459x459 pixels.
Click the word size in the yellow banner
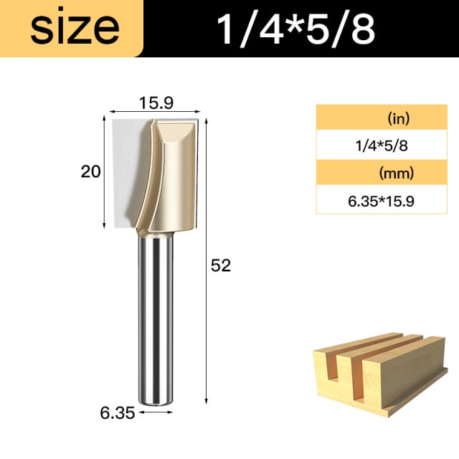pos(75,29)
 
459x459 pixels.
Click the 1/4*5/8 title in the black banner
pos(295,29)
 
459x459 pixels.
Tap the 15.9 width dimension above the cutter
pos(156,103)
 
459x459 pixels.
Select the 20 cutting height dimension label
pos(90,171)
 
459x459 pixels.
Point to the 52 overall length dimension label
pos(221,266)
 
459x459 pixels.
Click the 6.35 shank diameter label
pos(117,413)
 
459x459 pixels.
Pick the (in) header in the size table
pos(399,118)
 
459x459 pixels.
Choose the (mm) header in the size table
pos(397,173)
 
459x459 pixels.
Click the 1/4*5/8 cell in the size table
pos(382,146)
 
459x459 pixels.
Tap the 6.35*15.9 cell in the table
pos(381,202)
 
